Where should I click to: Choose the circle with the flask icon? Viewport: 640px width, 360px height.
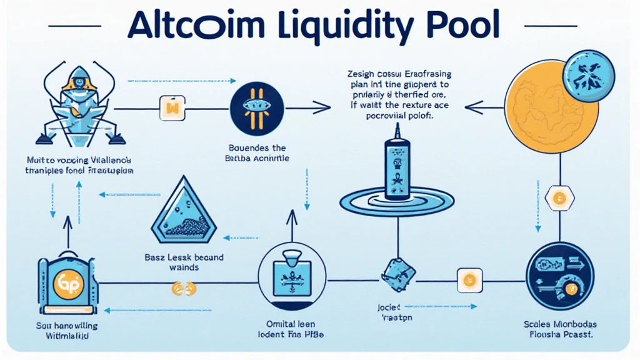tap(285, 273)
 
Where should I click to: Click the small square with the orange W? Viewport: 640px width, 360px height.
tap(170, 107)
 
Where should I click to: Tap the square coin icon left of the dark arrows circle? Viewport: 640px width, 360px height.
tap(469, 276)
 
